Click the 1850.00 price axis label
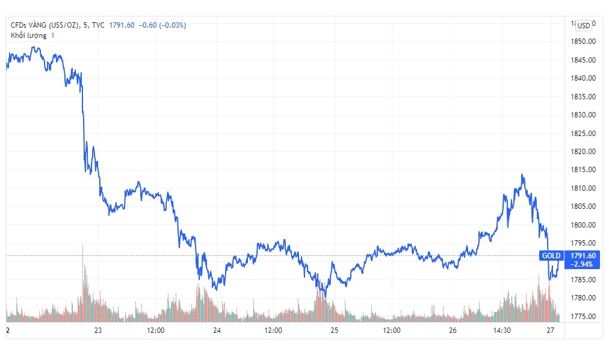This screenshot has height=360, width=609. (583, 42)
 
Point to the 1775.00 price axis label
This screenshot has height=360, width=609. (583, 317)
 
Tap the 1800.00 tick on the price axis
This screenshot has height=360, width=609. (583, 225)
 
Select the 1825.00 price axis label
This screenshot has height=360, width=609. (583, 133)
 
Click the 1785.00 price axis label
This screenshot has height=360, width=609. (583, 280)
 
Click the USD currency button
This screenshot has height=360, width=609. (583, 25)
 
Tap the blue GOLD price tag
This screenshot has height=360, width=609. (551, 256)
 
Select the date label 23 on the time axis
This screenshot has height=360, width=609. (98, 331)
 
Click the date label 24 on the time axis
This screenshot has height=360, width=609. (217, 331)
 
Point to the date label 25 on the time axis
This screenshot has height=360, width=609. (335, 331)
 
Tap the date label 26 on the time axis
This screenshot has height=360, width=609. (453, 331)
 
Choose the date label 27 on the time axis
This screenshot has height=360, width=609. (549, 331)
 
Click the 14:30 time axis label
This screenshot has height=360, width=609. (502, 331)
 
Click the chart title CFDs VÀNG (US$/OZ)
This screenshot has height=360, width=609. (45, 25)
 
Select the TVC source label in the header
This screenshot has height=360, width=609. (99, 25)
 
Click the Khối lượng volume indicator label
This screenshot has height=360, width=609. (28, 36)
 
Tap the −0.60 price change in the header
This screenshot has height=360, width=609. (149, 25)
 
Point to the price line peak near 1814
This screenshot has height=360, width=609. (522, 175)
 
